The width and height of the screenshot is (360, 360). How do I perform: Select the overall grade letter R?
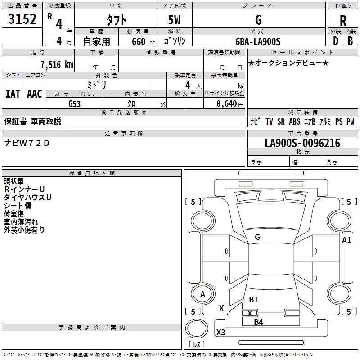pos(343,21)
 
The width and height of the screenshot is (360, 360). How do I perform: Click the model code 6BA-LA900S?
pos(258,41)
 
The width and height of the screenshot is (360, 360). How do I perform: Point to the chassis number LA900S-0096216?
pos(302,144)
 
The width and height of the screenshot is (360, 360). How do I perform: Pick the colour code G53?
pos(74,104)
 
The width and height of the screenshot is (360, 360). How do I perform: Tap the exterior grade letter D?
pos(335,41)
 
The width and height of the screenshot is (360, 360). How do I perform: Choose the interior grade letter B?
pos(350,41)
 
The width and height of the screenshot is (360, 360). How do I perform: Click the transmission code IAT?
pos(13,94)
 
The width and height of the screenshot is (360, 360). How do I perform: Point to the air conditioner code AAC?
pos(34,94)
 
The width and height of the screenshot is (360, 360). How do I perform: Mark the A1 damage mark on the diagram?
pos(346,240)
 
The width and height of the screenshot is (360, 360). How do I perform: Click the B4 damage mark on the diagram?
pos(258,322)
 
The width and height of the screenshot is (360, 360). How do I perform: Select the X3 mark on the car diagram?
pos(221,333)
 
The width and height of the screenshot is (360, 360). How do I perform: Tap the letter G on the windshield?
pos(257,237)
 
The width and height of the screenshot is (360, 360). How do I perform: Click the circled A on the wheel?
pos(202,294)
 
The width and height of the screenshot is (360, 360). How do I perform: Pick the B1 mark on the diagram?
pos(253,300)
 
